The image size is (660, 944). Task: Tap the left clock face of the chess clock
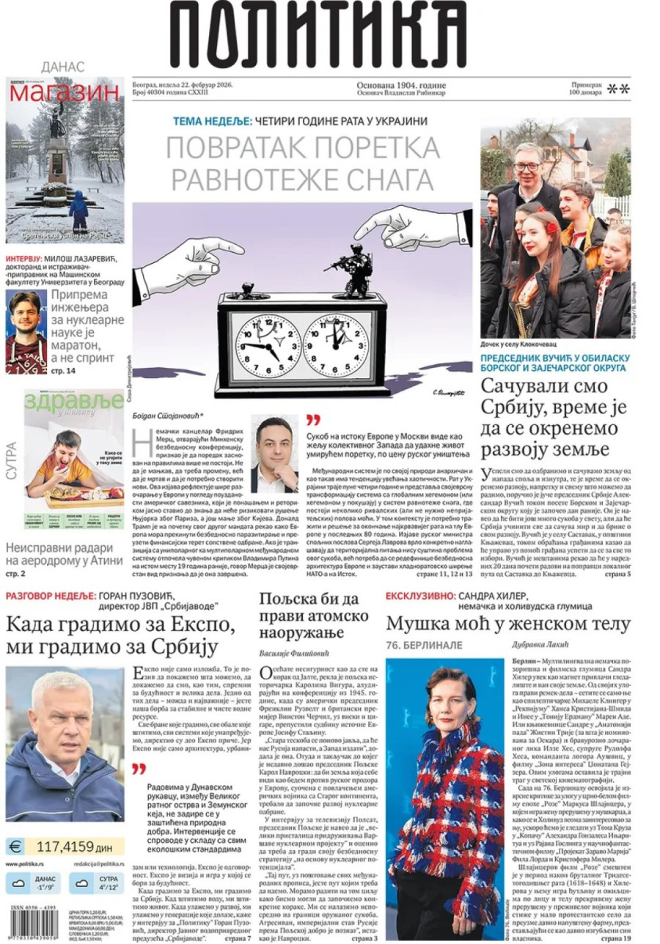259,340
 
